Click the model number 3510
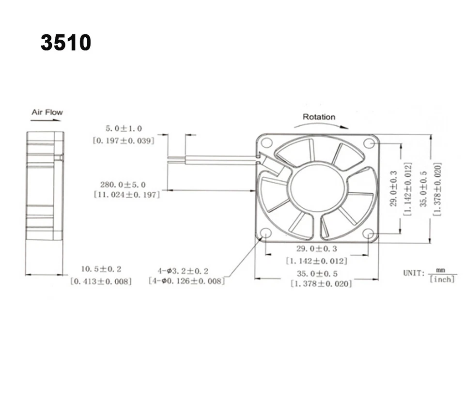[66, 43]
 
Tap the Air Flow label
[47, 112]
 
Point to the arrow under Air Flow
[46, 119]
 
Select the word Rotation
[319, 117]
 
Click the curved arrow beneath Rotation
[321, 124]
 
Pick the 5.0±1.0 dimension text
[124, 129]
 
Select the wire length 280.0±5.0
[123, 185]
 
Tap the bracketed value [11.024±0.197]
[126, 194]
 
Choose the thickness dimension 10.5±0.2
[101, 269]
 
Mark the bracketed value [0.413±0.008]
[101, 280]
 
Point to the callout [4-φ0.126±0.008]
[186, 280]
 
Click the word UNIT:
[414, 273]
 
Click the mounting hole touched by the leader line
[265, 233]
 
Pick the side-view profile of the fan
[45, 186]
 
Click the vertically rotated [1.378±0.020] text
[437, 188]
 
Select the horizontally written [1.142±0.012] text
[317, 261]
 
